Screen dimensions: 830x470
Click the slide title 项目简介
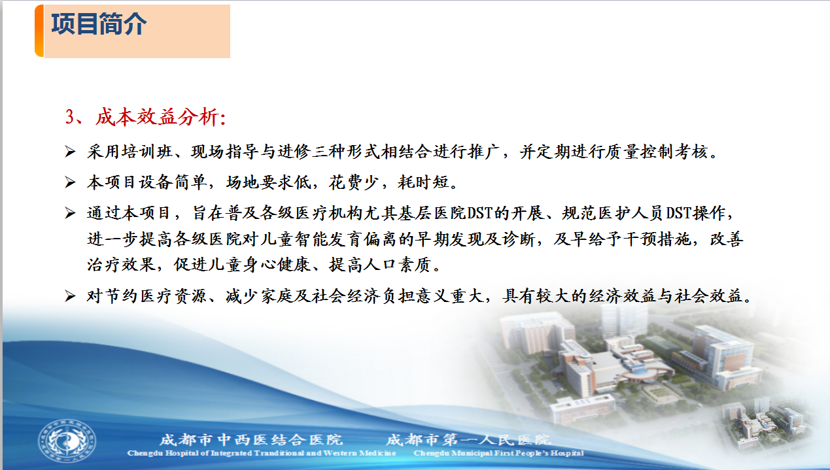(x=99, y=24)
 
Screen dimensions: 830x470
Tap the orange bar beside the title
(x=39, y=31)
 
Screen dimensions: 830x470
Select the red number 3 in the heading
(x=69, y=117)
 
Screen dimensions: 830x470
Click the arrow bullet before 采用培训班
(x=70, y=152)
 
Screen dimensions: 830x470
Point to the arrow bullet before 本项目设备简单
(x=70, y=182)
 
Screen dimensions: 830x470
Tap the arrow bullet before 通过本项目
(x=70, y=213)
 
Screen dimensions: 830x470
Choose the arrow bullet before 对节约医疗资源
(x=70, y=296)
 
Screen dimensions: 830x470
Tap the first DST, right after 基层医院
(x=479, y=213)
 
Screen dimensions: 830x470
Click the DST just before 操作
(x=679, y=213)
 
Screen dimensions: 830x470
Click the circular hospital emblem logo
(x=67, y=441)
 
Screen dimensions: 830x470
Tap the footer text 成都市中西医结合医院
(x=251, y=440)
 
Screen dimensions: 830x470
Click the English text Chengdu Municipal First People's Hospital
(x=498, y=453)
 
